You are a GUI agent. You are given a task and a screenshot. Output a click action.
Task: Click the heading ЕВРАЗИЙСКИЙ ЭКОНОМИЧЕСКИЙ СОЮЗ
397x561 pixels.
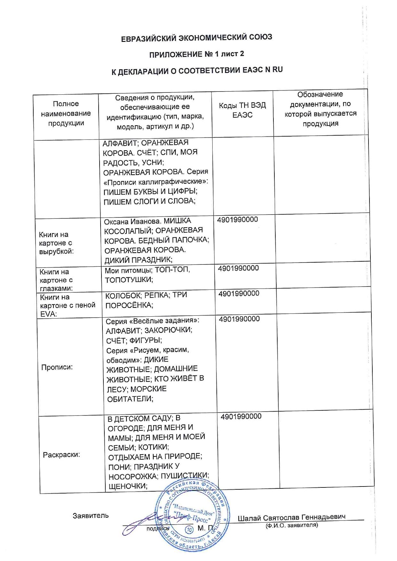pyautogui.click(x=197, y=38)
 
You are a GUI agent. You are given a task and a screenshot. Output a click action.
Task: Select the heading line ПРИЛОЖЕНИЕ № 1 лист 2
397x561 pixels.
pyautogui.click(x=197, y=54)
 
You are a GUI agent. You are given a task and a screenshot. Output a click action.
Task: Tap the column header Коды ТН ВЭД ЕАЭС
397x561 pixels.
pyautogui.click(x=242, y=110)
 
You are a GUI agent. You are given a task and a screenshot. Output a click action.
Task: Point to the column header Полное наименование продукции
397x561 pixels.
pyautogui.click(x=66, y=113)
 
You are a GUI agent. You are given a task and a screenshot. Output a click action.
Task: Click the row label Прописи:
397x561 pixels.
pyautogui.click(x=57, y=367)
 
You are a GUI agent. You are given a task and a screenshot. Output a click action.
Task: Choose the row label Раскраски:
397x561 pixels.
pyautogui.click(x=61, y=454)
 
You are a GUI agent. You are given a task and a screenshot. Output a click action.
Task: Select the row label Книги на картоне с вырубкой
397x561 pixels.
pyautogui.click(x=56, y=243)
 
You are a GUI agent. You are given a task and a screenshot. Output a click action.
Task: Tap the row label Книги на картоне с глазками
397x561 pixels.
pyautogui.click(x=56, y=280)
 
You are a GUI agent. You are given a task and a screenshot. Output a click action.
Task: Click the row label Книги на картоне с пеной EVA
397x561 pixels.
pyautogui.click(x=68, y=305)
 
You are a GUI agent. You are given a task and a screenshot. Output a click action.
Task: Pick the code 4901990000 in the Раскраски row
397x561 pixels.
pyautogui.click(x=241, y=416)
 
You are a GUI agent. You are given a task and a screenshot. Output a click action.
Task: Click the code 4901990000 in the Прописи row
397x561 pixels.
pyautogui.click(x=239, y=319)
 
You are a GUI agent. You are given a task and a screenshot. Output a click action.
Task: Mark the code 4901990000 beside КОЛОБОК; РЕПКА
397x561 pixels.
pyautogui.click(x=239, y=294)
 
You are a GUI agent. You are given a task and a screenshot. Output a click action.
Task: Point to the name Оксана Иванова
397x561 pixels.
pyautogui.click(x=132, y=221)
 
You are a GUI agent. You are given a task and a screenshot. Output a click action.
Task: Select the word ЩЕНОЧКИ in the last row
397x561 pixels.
pyautogui.click(x=128, y=486)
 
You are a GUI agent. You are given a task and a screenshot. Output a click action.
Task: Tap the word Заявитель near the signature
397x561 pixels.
pyautogui.click(x=91, y=516)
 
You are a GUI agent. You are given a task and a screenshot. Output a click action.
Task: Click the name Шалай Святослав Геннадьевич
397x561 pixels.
pyautogui.click(x=291, y=518)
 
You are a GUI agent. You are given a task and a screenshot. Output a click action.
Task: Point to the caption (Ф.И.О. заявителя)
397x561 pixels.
pyautogui.click(x=292, y=525)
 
